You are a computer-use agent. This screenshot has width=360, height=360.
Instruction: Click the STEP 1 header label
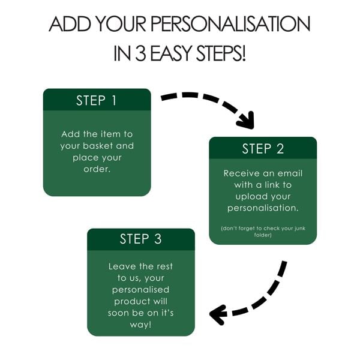[97, 100]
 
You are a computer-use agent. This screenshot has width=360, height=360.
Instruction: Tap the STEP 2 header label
[263, 149]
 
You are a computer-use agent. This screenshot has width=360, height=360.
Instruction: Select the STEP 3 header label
[140, 239]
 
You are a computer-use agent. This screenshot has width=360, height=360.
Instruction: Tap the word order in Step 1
[96, 169]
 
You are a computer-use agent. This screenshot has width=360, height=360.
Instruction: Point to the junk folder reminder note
[263, 231]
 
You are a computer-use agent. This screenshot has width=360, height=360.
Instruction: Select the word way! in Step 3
[141, 324]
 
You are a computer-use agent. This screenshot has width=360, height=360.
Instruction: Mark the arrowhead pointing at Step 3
[217, 313]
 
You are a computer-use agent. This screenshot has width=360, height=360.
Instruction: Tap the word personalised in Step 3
[140, 289]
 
